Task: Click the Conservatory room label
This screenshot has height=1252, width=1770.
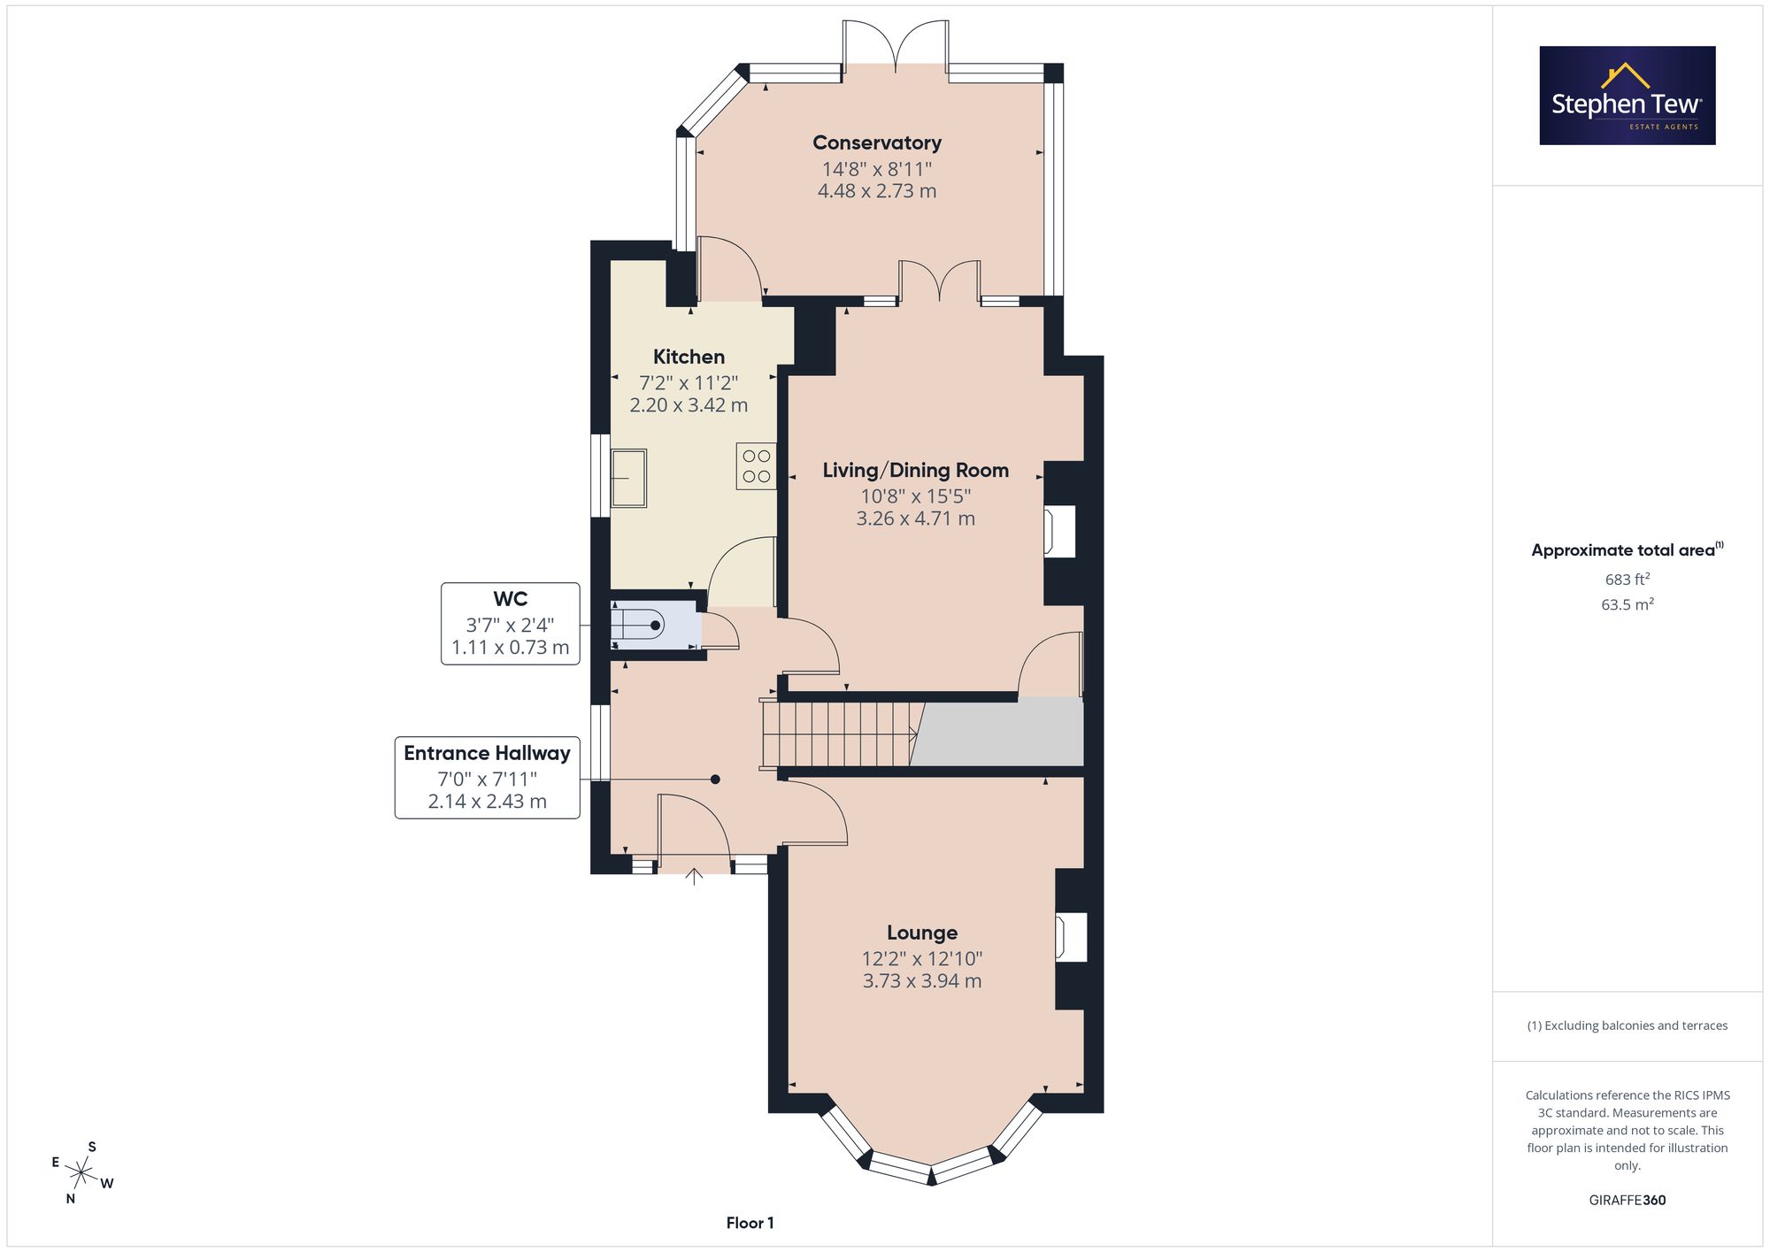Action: pyautogui.click(x=877, y=142)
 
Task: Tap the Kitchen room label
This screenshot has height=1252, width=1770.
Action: pyautogui.click(x=689, y=357)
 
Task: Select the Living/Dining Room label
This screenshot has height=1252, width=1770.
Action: pyautogui.click(x=916, y=471)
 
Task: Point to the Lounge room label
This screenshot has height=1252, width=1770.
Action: pyautogui.click(x=922, y=933)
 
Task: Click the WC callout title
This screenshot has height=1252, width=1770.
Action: pyautogui.click(x=511, y=599)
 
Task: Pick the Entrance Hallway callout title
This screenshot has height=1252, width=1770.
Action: pyautogui.click(x=488, y=753)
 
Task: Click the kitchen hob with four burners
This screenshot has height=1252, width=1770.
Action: pyautogui.click(x=757, y=466)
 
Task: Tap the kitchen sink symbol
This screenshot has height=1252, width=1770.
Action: pyautogui.click(x=628, y=478)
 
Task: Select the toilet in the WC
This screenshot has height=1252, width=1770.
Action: pyautogui.click(x=637, y=626)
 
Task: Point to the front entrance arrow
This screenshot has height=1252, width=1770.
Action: pyautogui.click(x=694, y=877)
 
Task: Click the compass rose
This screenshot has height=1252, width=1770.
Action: pyautogui.click(x=81, y=1173)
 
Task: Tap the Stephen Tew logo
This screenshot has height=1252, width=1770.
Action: pyautogui.click(x=1628, y=96)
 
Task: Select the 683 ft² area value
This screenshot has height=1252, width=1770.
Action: pyautogui.click(x=1628, y=580)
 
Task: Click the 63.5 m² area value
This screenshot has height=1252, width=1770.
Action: pyautogui.click(x=1628, y=604)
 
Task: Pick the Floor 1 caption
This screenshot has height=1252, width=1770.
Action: pyautogui.click(x=750, y=1223)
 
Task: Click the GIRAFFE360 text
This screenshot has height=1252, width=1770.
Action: pyautogui.click(x=1628, y=1201)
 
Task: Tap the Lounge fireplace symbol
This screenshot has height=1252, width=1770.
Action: pyautogui.click(x=1071, y=937)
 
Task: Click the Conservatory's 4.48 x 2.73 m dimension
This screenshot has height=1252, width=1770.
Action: pyautogui.click(x=877, y=191)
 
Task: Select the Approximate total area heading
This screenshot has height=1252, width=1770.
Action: pyautogui.click(x=1628, y=549)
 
